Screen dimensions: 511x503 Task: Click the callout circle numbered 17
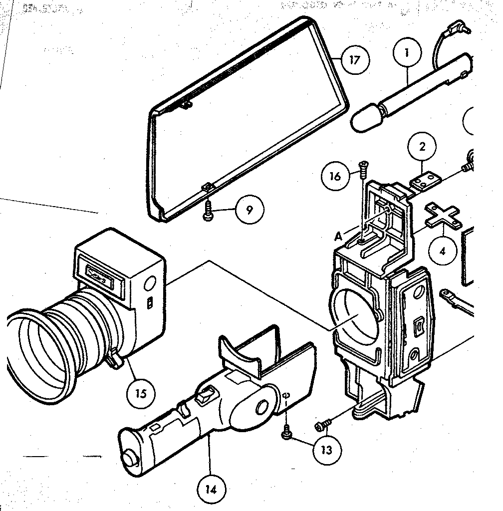tap(354, 60)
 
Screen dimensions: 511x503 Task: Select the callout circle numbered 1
tap(407, 52)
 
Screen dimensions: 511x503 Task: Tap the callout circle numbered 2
tap(422, 147)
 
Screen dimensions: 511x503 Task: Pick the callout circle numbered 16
tap(335, 176)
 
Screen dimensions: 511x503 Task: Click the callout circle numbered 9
tap(249, 210)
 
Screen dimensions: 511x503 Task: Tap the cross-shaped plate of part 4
tap(442, 215)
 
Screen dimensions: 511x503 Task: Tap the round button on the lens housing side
tap(149, 285)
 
